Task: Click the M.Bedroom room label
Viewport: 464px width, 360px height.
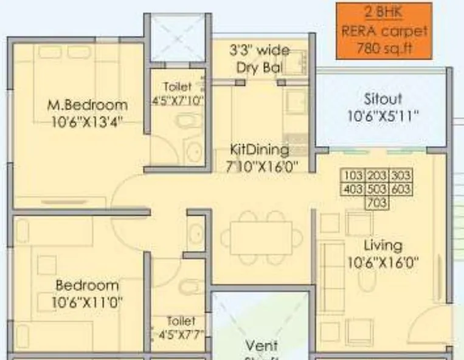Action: [88, 105]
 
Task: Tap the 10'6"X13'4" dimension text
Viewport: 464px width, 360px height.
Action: [88, 121]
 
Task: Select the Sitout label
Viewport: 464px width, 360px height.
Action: [383, 98]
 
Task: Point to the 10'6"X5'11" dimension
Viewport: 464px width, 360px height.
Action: [383, 114]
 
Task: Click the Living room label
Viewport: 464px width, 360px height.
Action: [383, 246]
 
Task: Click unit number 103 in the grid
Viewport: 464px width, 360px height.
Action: [353, 176]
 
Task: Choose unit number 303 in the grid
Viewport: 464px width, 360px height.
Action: [400, 176]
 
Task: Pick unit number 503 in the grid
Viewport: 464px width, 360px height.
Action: [377, 190]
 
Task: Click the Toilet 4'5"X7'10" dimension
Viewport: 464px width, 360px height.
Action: [177, 100]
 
